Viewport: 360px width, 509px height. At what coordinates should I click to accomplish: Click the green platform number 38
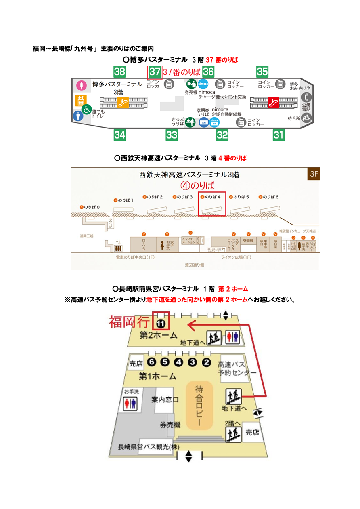119,72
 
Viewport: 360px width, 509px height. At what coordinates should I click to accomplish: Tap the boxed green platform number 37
155,72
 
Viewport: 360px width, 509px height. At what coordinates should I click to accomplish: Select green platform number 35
262,72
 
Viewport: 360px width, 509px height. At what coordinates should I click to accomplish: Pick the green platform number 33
172,135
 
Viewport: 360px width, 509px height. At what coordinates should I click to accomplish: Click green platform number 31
278,135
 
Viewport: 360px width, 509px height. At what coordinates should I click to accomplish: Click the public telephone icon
307,97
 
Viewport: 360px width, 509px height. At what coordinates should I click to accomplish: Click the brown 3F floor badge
314,174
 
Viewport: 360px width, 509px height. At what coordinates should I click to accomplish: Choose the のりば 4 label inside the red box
211,197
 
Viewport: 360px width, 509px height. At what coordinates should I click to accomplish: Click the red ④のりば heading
197,185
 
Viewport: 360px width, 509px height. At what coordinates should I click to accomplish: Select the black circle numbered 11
161,323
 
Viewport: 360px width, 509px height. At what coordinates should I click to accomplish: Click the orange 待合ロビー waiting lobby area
199,406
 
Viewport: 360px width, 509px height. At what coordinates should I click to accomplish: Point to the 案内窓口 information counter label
165,400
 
